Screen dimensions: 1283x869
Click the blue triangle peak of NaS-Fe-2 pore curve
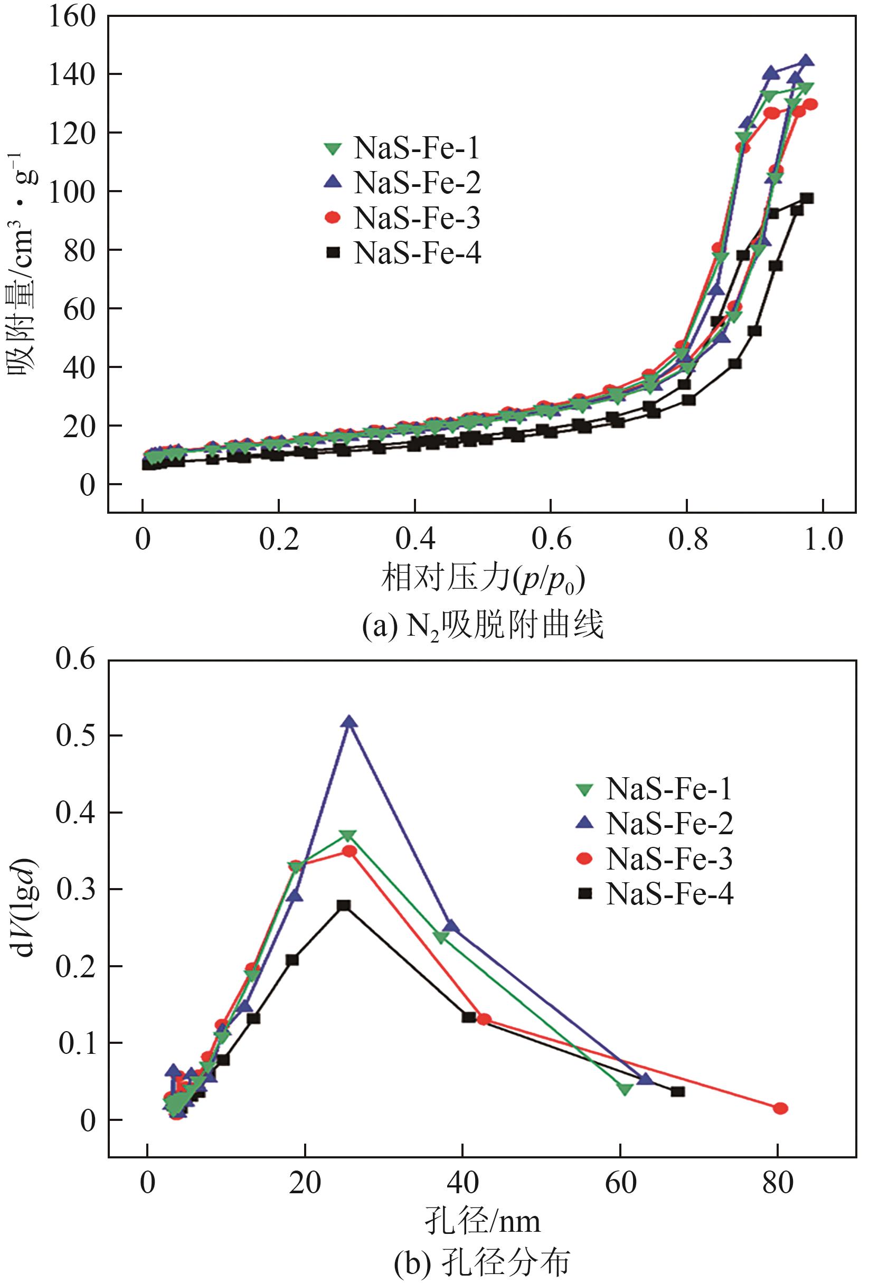click(x=350, y=722)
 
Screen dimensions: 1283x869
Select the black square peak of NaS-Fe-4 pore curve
click(x=344, y=905)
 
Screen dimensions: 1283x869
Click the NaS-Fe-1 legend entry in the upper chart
click(x=402, y=148)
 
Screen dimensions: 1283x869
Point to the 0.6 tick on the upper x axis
click(x=551, y=538)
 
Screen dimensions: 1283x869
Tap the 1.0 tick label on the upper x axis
click(x=823, y=538)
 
